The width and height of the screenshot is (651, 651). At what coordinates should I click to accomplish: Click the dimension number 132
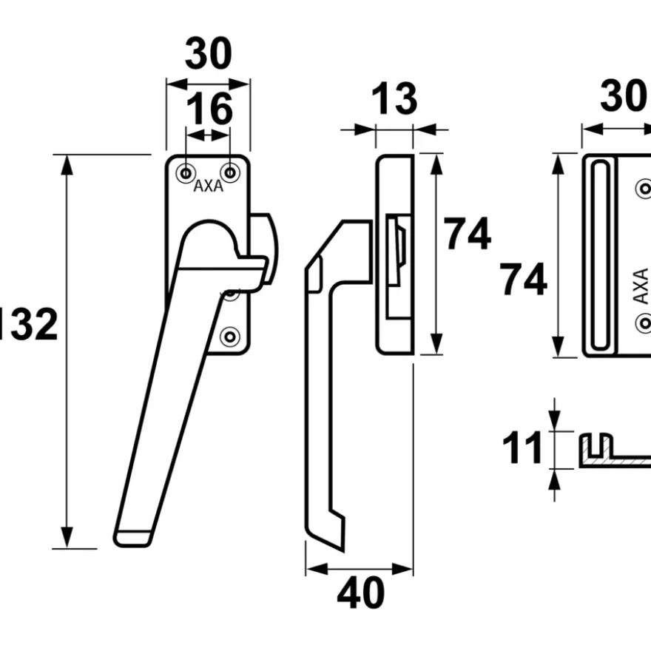27,324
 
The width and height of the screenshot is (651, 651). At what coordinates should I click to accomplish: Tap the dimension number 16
209,109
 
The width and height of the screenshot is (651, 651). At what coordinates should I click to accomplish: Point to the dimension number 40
361,593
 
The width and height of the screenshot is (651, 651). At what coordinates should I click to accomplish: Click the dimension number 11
522,448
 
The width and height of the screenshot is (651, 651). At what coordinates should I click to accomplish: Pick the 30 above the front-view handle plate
209,53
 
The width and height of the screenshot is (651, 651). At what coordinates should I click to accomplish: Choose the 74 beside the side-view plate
467,234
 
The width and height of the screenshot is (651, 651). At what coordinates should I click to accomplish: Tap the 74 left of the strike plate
523,280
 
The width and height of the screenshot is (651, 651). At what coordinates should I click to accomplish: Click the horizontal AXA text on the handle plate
209,186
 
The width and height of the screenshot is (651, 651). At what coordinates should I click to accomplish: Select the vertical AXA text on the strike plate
641,286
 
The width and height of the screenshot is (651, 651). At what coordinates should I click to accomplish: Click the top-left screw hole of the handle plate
186,172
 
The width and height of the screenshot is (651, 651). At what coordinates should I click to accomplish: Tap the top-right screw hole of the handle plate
230,172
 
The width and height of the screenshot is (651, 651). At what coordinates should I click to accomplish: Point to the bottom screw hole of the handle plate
230,337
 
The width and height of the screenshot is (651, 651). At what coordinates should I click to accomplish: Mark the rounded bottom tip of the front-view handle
132,539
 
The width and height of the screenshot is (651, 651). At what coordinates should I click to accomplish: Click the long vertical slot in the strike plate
600,254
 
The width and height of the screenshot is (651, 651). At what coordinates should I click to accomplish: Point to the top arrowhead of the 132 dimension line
67,165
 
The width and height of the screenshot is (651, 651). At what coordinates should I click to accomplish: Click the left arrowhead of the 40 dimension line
317,569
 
